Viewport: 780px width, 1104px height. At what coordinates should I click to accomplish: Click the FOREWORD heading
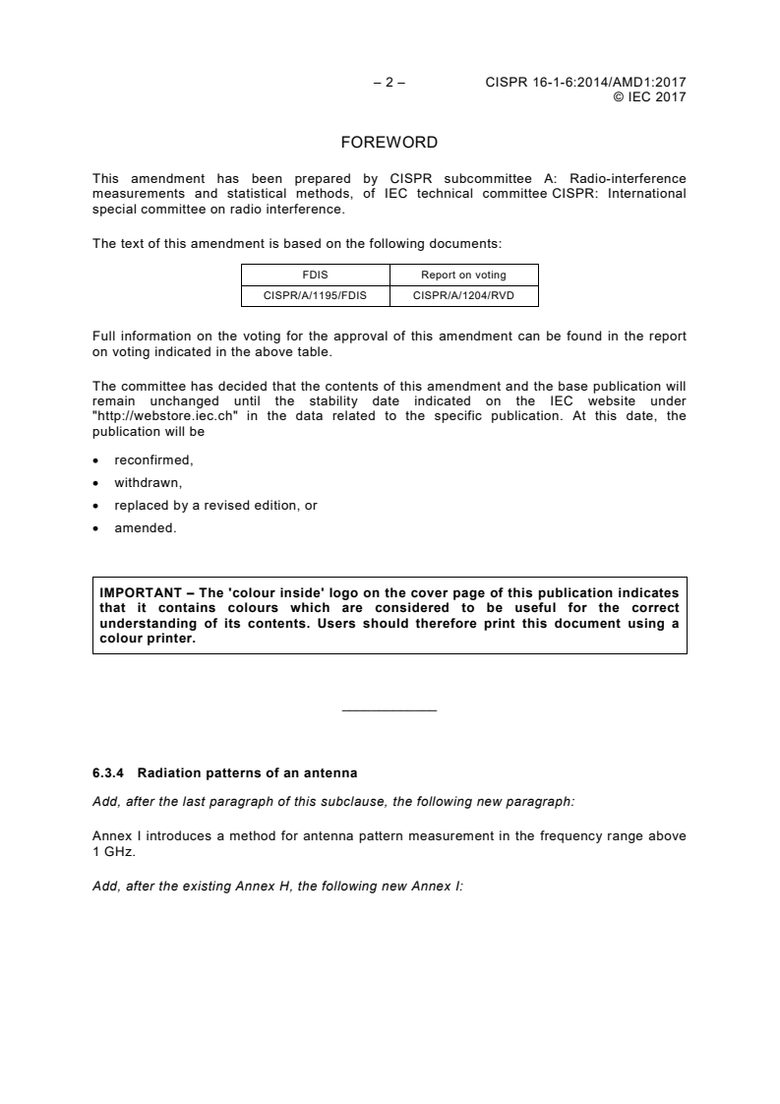(389, 143)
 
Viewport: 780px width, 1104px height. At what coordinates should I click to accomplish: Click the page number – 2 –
(389, 83)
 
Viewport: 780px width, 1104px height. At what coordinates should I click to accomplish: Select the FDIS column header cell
(316, 275)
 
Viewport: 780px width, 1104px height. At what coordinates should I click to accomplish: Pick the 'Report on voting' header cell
(463, 275)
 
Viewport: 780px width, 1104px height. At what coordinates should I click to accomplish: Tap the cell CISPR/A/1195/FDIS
(316, 294)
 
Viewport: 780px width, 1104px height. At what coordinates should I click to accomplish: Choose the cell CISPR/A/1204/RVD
(463, 294)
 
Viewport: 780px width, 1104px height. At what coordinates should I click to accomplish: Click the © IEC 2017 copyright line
(649, 96)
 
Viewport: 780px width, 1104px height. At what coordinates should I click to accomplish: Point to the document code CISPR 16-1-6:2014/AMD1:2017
(585, 83)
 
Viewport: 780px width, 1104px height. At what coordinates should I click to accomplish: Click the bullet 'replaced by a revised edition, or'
(215, 506)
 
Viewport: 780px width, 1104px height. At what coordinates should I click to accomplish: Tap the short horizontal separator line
(389, 710)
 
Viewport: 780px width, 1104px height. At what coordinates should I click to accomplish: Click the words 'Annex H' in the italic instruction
(273, 886)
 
